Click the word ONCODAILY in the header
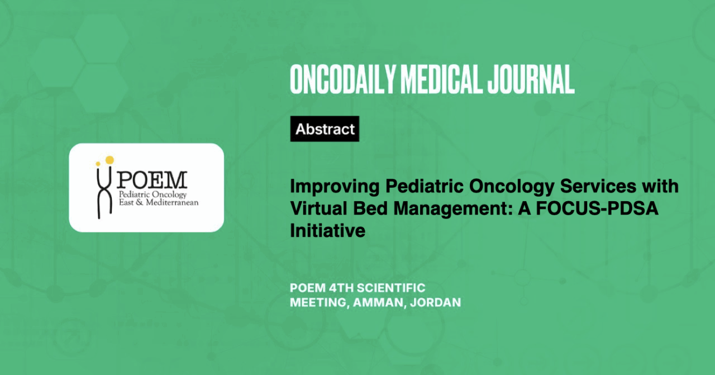[343, 79]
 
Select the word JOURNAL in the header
[531, 79]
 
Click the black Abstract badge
[325, 129]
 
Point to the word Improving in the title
[335, 187]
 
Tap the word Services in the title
[598, 186]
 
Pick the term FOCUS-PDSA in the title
[597, 208]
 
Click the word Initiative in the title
[327, 231]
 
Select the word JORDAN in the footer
[435, 302]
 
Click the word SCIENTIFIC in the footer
[392, 288]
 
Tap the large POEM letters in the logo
[152, 180]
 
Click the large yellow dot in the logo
[109, 160]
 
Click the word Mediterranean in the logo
[172, 202]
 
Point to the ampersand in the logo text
[139, 202]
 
